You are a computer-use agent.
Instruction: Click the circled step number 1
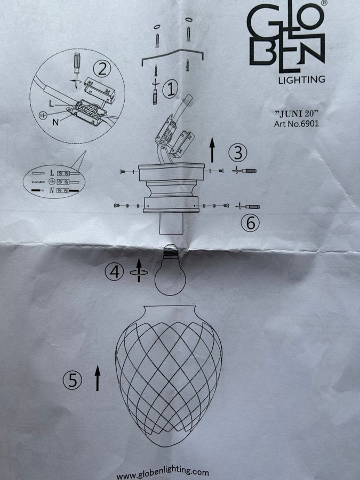coord(170,90)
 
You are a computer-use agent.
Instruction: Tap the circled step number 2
coord(102,69)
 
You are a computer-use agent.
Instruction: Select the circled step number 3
coord(238,153)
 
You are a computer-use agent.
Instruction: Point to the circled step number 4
coord(114,272)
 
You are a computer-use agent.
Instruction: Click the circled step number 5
coord(72,380)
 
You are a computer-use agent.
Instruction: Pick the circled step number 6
coord(250,222)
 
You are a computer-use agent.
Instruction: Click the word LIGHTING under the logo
coord(301,79)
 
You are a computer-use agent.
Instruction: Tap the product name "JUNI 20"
coord(297,114)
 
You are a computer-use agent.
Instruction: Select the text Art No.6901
coord(297,124)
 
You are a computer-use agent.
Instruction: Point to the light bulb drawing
coord(170,270)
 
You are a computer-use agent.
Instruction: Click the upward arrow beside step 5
coord(98,378)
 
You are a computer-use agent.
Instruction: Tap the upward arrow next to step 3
coord(212,150)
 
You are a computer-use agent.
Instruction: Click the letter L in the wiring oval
coord(52,173)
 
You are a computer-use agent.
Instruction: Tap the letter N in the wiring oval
coord(52,190)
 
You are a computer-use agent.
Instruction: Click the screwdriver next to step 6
coord(248,206)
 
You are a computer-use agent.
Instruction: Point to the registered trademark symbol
coord(325,3)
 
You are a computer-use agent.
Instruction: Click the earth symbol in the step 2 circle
coord(43,115)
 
